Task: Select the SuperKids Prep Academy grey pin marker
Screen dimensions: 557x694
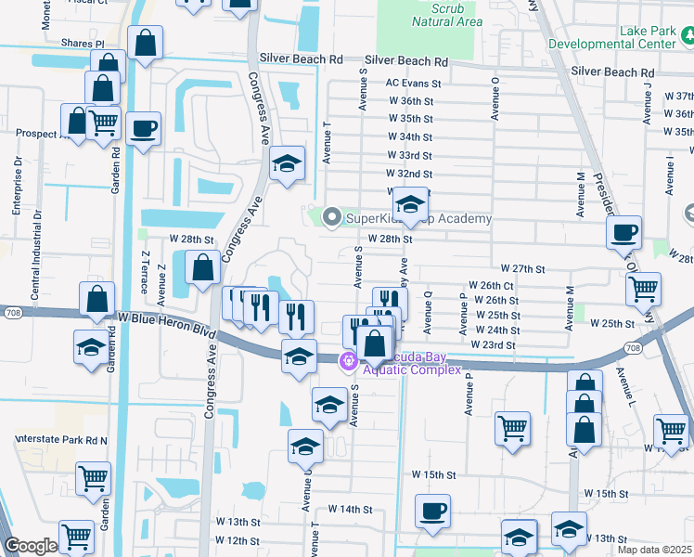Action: point(332,218)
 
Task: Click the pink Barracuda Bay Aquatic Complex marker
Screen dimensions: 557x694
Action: point(348,360)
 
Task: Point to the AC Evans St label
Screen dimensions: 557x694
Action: point(413,83)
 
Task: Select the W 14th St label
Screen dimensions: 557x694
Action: point(350,510)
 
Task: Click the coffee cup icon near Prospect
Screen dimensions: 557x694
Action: point(143,129)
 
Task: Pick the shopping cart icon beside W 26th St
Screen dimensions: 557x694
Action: point(642,289)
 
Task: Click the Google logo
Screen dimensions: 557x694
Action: point(31,547)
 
